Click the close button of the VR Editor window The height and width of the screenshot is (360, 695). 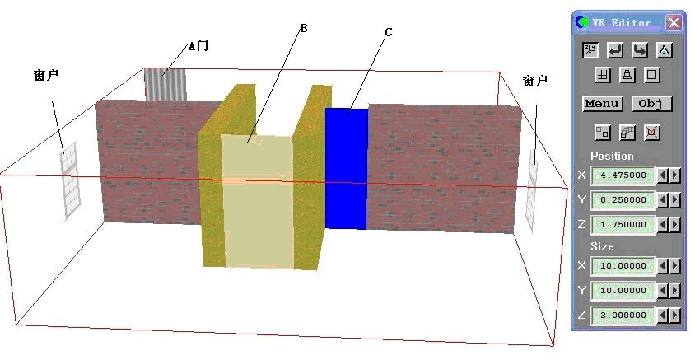click(674, 23)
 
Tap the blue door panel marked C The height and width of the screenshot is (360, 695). click(346, 169)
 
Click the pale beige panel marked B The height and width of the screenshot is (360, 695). click(257, 202)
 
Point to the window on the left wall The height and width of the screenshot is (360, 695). click(68, 180)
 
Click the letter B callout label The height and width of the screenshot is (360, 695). click(303, 28)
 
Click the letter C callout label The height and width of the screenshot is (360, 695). click(388, 32)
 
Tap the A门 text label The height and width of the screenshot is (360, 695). click(198, 46)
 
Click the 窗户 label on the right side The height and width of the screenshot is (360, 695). click(534, 81)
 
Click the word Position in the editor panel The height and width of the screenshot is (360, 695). click(612, 156)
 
